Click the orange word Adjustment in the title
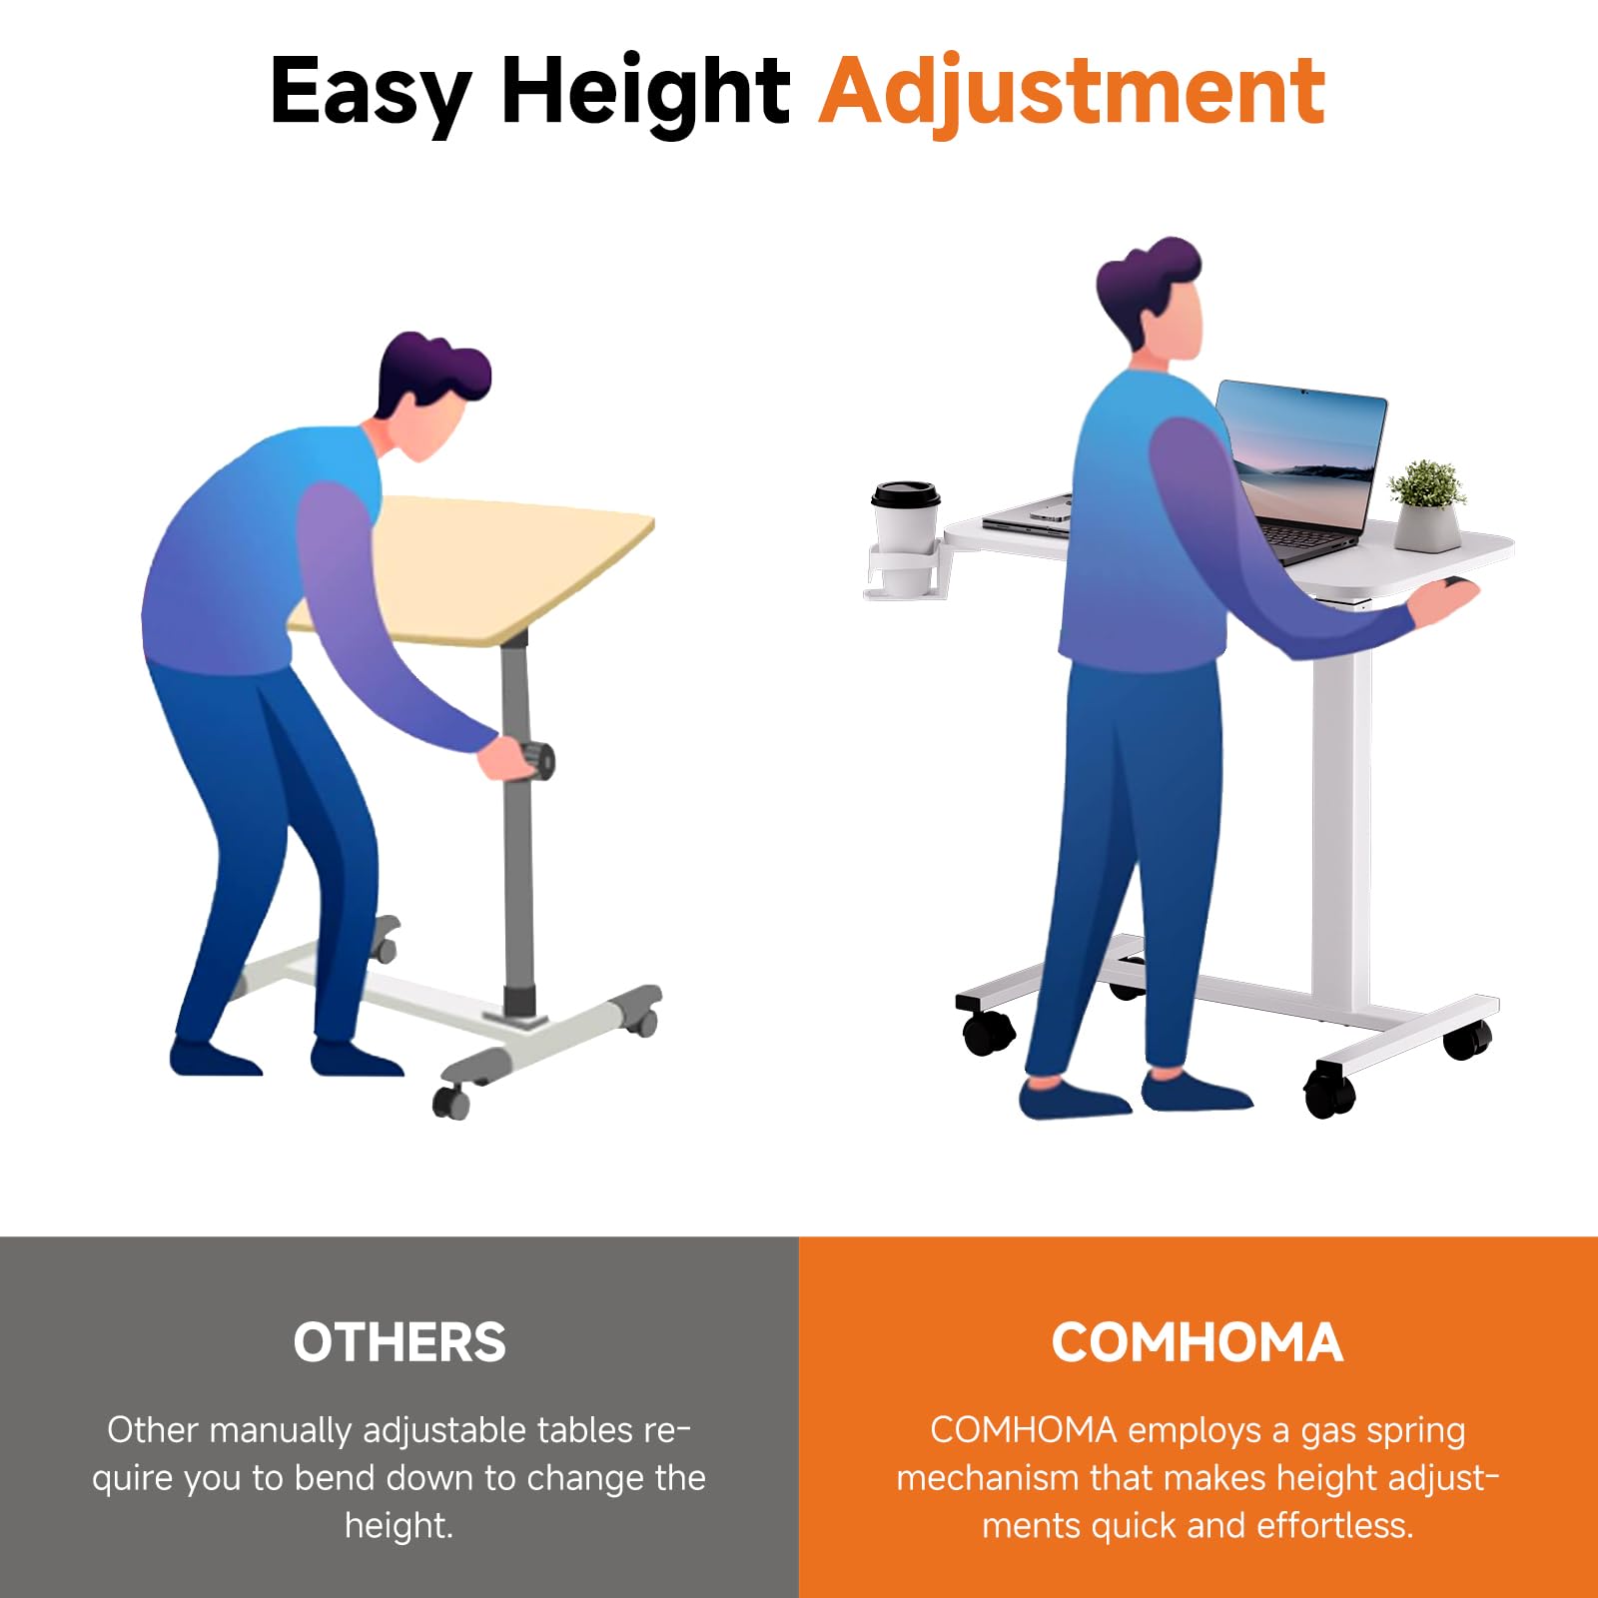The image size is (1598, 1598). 1072,94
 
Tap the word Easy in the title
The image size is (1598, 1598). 371,94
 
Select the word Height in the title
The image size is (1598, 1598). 645,94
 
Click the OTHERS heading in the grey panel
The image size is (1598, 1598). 399,1341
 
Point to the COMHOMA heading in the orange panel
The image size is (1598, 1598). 1197,1341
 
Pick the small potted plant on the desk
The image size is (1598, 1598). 1427,505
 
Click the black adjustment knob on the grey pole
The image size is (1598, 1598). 540,762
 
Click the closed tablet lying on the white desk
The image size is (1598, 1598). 1027,516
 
